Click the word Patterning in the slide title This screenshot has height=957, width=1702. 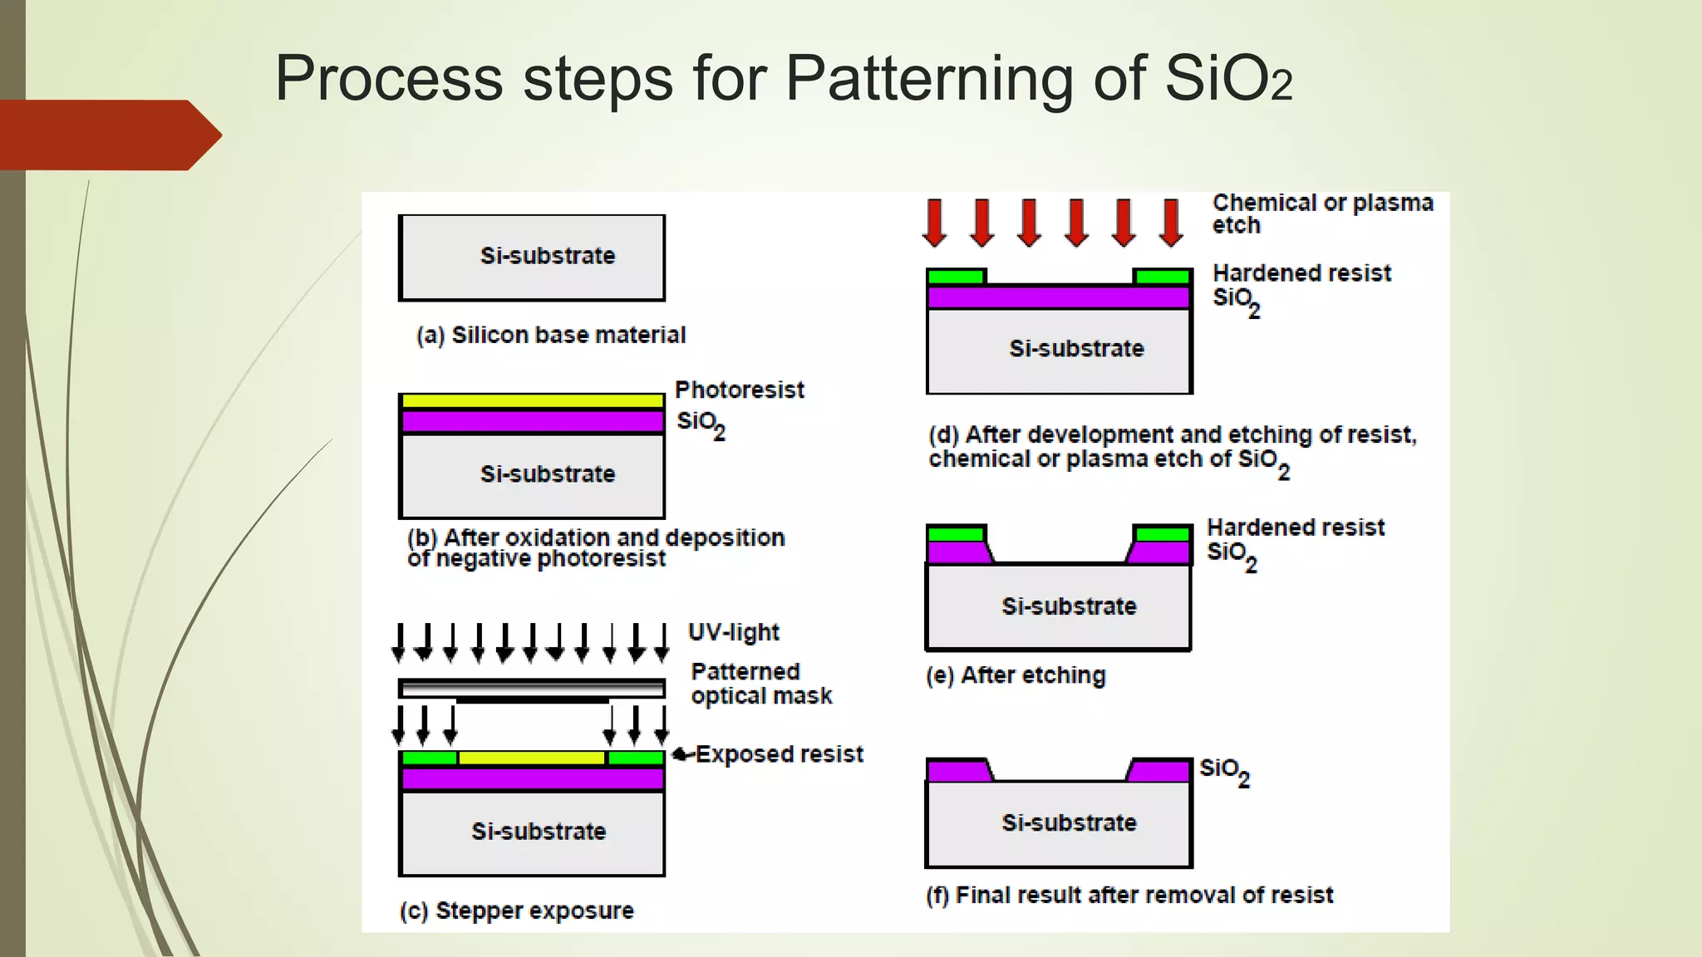[930, 79]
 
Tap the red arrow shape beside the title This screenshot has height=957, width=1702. [108, 135]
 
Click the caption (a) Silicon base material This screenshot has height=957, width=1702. [550, 335]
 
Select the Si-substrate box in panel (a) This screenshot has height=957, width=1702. [532, 257]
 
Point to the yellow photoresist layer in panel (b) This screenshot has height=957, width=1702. [532, 401]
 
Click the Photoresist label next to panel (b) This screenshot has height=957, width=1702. [739, 390]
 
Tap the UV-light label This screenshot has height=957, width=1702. [733, 632]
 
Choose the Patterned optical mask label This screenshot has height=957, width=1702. [760, 684]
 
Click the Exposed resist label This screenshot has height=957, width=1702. [778, 754]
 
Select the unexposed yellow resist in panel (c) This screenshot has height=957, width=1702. [532, 758]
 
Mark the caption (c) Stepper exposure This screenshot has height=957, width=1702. [516, 910]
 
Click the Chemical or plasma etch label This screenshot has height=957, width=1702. [1321, 213]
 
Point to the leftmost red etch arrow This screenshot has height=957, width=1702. [935, 222]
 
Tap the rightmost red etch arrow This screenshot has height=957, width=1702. [1172, 222]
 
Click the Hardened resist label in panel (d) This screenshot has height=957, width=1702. [1301, 273]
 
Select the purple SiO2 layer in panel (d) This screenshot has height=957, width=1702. [1059, 297]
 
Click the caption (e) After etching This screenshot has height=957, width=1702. [1016, 675]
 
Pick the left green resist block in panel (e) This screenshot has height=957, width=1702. [956, 533]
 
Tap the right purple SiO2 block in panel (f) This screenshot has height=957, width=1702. [1160, 771]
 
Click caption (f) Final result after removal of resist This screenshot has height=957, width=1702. [1129, 895]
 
